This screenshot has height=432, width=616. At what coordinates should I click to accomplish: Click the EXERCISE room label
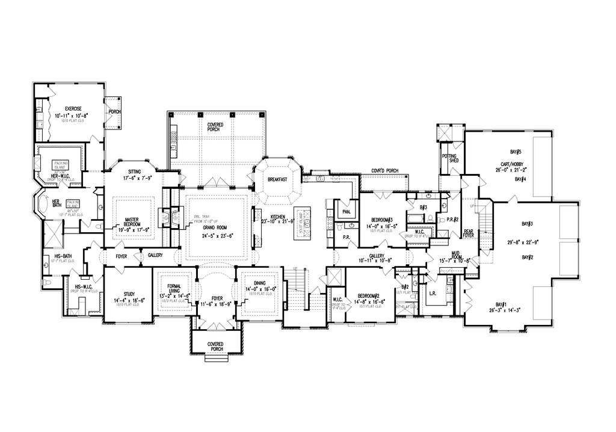pyautogui.click(x=68, y=109)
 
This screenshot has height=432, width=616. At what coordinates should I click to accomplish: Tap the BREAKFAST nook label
pyautogui.click(x=277, y=179)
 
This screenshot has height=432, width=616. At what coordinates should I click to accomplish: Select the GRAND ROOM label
pyautogui.click(x=214, y=228)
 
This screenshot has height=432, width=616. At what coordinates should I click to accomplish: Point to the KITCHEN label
pyautogui.click(x=277, y=216)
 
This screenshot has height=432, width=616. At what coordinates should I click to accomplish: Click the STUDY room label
pyautogui.click(x=129, y=294)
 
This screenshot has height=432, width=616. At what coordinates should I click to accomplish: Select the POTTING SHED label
pyautogui.click(x=449, y=158)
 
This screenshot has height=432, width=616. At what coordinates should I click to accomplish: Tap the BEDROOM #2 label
pyautogui.click(x=368, y=296)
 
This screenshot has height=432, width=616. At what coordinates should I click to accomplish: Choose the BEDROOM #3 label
pyautogui.click(x=381, y=219)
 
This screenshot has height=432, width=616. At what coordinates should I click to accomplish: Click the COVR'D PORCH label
pyautogui.click(x=385, y=171)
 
